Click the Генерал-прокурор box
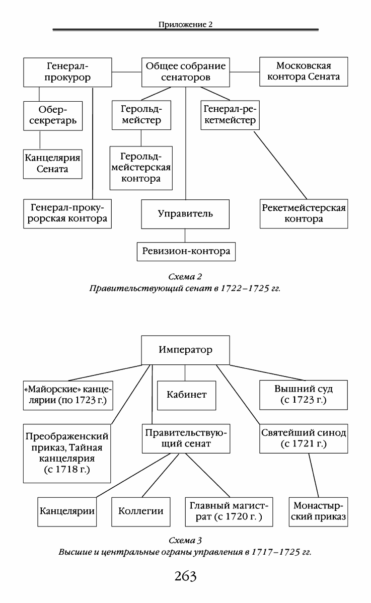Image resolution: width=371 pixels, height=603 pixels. point(67,72)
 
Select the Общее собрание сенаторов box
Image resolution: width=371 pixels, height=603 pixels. point(186,72)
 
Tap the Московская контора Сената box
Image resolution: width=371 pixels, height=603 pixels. point(304,72)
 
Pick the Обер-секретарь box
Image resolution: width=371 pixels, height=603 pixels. point(53,116)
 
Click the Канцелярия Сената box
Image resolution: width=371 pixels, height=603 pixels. point(53,164)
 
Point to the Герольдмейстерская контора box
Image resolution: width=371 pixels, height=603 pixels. point(141,168)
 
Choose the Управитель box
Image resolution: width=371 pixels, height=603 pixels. point(185,214)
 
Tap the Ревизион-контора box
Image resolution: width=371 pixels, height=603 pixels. point(186,252)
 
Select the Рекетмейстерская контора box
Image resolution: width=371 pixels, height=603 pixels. point(304,214)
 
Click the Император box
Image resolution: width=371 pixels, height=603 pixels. point(186,350)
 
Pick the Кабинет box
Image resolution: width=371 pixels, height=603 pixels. point(186,395)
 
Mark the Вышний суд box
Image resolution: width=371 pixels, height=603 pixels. point(304,395)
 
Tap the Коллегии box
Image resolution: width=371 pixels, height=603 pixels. point(141,512)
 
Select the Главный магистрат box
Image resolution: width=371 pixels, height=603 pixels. point(229,512)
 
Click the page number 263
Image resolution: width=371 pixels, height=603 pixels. point(185,576)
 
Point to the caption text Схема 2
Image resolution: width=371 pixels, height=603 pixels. point(185,277)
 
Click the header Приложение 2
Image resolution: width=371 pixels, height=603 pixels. point(185,25)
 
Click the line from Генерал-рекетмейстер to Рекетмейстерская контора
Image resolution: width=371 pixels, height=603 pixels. point(280,165)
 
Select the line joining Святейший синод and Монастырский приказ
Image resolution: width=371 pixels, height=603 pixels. point(314,475)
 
